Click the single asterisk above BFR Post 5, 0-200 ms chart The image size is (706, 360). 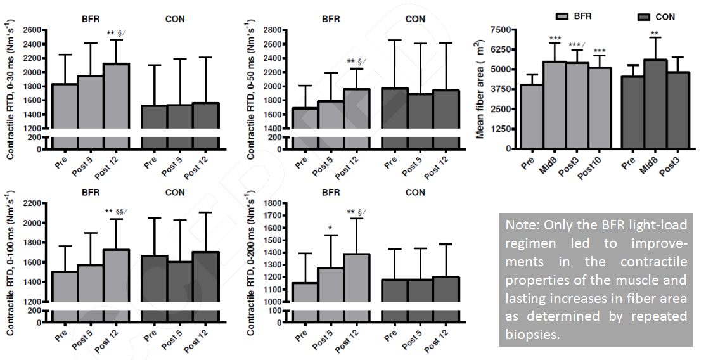[330, 228]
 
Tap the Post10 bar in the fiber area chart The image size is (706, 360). [600, 108]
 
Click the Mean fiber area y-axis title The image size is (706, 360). [481, 89]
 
